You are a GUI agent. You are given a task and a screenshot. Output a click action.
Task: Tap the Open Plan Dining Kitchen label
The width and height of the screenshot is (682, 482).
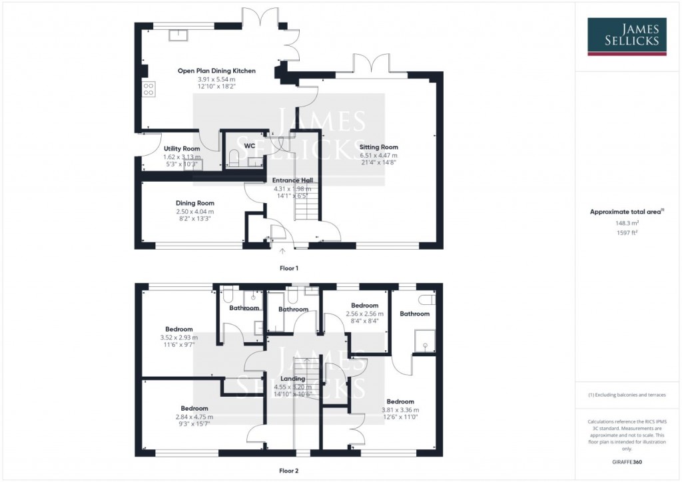[216, 71]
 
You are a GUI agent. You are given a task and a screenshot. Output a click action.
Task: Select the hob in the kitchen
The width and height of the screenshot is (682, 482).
[148, 89]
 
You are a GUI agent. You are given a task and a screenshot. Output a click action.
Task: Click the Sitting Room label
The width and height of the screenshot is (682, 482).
[379, 147]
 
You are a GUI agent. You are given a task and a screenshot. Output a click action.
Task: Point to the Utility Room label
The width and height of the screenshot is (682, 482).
[181, 148]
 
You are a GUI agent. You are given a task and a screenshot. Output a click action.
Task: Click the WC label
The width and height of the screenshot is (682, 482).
[250, 145]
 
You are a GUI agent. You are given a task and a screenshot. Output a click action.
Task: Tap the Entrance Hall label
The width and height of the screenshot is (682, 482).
[292, 180]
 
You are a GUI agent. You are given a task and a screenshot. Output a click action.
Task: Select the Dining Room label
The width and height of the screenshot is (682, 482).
[195, 203]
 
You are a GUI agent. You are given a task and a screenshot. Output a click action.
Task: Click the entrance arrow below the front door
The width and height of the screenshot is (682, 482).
[282, 251]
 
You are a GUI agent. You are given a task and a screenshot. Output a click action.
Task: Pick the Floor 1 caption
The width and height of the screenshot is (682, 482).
[288, 268]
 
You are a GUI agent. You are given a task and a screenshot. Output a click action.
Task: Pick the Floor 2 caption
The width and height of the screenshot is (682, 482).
[288, 470]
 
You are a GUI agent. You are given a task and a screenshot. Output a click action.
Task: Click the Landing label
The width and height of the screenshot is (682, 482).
[292, 379]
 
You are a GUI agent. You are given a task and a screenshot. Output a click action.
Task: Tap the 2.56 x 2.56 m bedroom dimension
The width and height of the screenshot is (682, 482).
[364, 314]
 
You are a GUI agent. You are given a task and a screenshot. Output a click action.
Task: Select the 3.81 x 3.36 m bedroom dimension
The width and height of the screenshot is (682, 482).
[400, 410]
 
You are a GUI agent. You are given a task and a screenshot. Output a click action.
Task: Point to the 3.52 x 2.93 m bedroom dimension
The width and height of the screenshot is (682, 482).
[179, 338]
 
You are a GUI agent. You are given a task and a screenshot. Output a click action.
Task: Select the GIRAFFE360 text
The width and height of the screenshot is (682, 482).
[626, 462]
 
